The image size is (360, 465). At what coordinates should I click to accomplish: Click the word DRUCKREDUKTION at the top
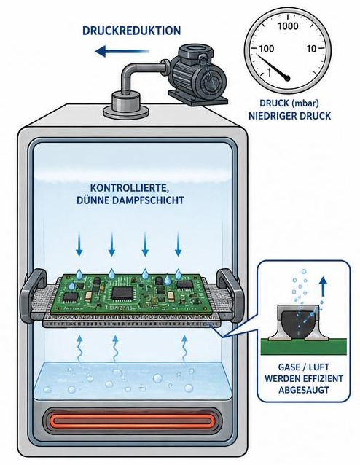tap(131, 31)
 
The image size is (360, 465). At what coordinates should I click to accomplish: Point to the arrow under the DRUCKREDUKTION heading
tap(122, 51)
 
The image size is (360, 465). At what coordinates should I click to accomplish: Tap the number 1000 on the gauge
tap(288, 26)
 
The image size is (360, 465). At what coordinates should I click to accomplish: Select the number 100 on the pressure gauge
tap(266, 48)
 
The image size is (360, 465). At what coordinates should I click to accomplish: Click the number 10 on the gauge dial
tap(312, 48)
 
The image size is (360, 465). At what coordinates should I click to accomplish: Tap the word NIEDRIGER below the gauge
tap(273, 116)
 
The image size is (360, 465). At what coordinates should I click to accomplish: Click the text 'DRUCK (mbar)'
tap(289, 103)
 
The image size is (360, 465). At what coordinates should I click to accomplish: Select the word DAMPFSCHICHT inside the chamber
tap(148, 200)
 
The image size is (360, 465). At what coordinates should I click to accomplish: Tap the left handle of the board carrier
tap(31, 294)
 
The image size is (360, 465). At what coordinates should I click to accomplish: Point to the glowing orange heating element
tap(132, 421)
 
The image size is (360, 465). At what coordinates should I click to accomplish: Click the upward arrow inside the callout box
tap(324, 286)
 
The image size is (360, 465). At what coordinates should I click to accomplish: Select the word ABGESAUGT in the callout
tap(304, 389)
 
